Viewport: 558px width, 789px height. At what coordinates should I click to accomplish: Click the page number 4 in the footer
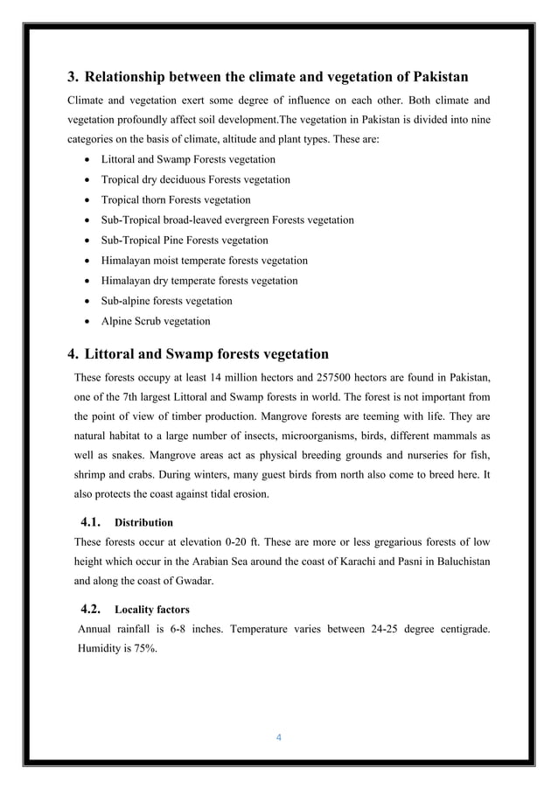(278, 737)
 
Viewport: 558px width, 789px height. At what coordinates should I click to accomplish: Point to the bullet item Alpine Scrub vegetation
(156, 321)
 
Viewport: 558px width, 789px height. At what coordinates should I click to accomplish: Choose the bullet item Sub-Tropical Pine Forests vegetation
(185, 240)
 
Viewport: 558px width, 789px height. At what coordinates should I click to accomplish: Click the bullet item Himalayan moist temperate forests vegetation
(204, 260)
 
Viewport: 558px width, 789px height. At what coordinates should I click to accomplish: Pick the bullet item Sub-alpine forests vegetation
(166, 301)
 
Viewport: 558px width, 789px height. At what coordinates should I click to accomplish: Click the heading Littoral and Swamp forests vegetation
(206, 354)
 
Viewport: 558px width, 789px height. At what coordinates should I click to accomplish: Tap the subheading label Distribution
(144, 523)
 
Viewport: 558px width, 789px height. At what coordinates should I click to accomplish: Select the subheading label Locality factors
(152, 609)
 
